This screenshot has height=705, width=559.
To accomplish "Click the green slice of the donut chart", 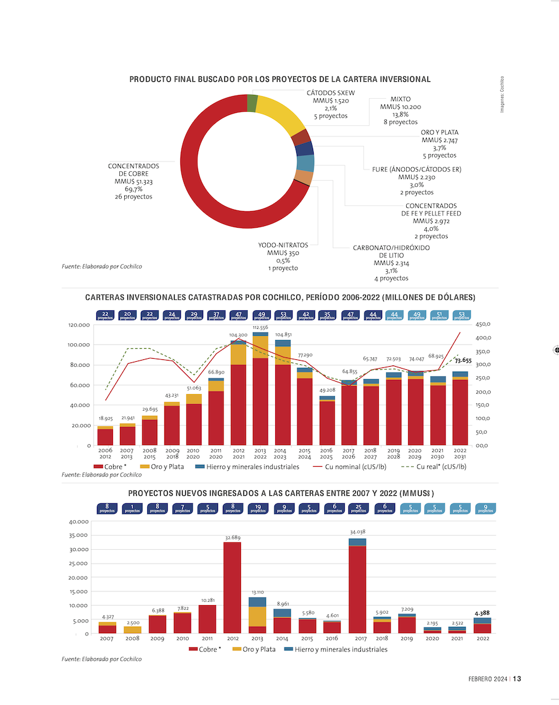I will [x=252, y=103].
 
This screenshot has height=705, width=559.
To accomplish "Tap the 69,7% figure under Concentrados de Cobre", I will [x=134, y=189].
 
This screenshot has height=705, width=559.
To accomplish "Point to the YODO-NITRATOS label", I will [x=283, y=245].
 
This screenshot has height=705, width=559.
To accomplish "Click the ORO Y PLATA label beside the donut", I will [x=440, y=132].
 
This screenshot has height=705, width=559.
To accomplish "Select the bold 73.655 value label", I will [x=463, y=360].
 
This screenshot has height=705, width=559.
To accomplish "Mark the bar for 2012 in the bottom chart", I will [x=232, y=587].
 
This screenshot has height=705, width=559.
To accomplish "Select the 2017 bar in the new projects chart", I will [x=357, y=586].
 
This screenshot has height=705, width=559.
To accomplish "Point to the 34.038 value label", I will [x=357, y=532].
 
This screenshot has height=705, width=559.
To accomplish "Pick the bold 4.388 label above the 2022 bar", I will [x=482, y=613].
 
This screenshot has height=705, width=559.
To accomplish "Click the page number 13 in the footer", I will [x=517, y=679].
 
